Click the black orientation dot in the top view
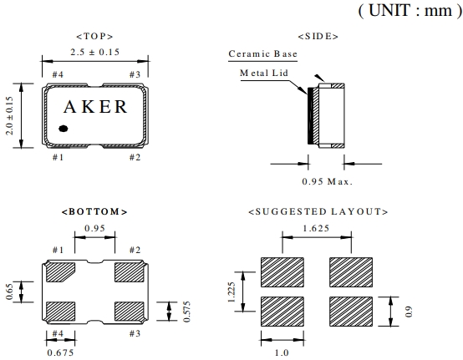click(x=64, y=129)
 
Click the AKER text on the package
click(x=95, y=107)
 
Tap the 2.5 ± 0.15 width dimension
click(x=94, y=53)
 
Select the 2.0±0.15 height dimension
click(x=10, y=115)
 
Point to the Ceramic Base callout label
click(x=262, y=53)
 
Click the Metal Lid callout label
click(x=264, y=73)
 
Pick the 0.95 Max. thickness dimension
click(x=328, y=181)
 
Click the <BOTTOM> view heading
click(x=94, y=212)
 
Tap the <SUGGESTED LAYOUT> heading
click(x=318, y=212)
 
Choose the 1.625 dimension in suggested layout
click(x=316, y=228)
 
